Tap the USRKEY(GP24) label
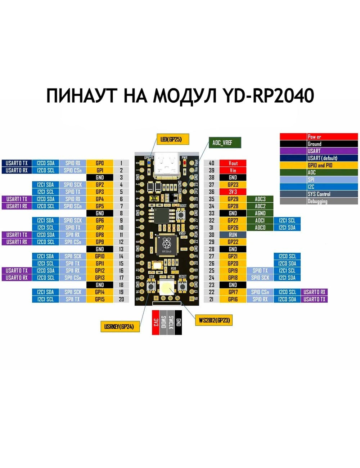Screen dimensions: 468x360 [120, 327]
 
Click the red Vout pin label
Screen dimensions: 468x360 [233, 163]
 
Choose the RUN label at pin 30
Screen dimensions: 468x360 [233, 235]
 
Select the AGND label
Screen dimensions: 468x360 [260, 213]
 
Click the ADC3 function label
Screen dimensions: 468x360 [260, 199]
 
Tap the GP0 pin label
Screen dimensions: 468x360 [100, 163]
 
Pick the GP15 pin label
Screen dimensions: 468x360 [100, 299]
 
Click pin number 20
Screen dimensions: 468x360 [121, 299]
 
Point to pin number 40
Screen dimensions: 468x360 [211, 163]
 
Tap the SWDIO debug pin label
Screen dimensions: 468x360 [163, 322]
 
